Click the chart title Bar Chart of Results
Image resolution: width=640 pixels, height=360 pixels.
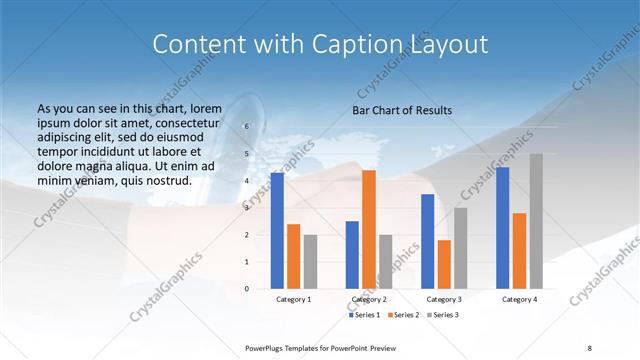402,110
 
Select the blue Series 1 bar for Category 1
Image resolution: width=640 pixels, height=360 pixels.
277,230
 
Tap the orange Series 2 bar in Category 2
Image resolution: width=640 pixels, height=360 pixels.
369,229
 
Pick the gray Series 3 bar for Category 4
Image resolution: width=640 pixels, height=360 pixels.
536,221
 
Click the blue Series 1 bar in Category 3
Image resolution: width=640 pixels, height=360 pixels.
427,241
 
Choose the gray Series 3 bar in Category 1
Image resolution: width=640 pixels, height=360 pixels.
310,261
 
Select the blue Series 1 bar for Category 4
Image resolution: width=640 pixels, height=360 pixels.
502,227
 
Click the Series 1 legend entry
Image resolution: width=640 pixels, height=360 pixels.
365,315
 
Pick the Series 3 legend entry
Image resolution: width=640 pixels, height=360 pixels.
443,315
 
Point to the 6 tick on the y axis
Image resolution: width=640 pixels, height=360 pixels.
247,127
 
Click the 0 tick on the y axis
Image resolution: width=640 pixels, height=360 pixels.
247,289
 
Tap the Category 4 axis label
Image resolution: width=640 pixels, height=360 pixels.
519,299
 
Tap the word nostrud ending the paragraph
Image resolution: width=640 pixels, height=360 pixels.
164,180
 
